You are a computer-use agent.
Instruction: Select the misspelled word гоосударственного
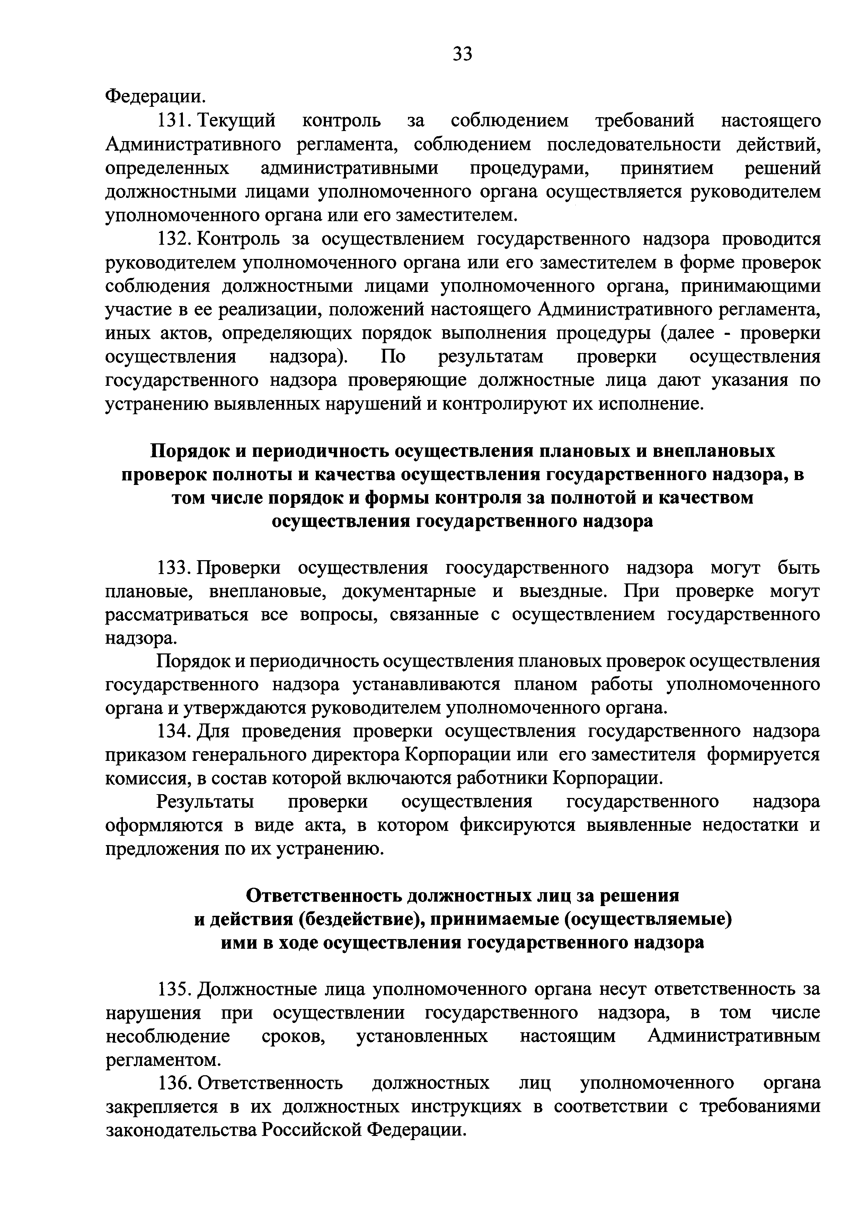pos(526,568)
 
